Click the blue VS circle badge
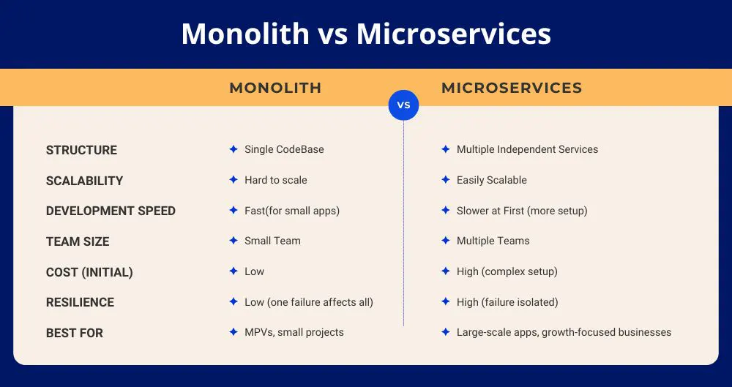point(403,105)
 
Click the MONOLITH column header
point(275,88)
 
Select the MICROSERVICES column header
point(512,88)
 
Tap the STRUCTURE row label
point(81,150)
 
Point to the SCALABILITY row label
point(84,181)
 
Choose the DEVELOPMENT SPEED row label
point(111,211)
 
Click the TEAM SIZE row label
point(78,241)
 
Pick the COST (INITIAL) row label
point(89,272)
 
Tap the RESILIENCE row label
point(80,303)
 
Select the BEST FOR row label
point(74,333)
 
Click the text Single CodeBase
point(284,149)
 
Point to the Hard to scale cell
point(276,180)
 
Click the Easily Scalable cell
point(492,180)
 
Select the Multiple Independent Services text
point(527,149)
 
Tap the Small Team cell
point(272,241)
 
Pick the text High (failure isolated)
point(507,302)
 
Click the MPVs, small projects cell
point(294,332)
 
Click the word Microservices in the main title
point(453,34)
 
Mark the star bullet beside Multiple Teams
point(446,241)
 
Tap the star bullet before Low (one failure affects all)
point(234,301)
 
